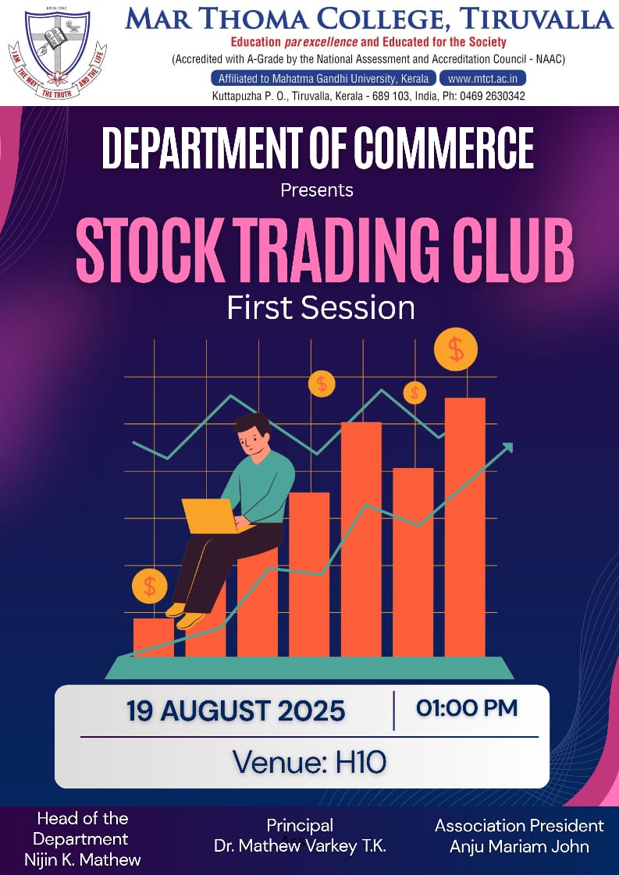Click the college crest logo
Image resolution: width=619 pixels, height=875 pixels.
point(58,52)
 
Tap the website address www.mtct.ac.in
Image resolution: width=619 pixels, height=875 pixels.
point(482,79)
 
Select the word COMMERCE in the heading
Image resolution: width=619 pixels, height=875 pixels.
point(443,147)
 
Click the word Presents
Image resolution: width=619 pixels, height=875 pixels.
point(317,190)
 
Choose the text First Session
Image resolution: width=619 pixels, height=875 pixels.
point(321,308)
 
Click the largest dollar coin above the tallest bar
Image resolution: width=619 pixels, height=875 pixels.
point(456,349)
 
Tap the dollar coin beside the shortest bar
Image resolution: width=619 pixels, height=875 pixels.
point(149,586)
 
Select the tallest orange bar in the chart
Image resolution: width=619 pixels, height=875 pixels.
point(464,527)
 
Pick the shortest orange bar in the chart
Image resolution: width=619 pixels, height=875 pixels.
point(153,637)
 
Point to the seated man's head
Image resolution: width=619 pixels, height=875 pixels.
point(251,436)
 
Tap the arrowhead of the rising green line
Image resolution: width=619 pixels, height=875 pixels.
point(507,447)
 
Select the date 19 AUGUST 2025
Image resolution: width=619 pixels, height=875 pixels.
point(236,711)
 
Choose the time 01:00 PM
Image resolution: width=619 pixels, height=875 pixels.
point(467,708)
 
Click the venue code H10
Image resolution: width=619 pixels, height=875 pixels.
point(361,762)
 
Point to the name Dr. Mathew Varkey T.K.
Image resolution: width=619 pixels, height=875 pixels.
point(300,846)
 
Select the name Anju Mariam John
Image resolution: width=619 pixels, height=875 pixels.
point(520,847)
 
